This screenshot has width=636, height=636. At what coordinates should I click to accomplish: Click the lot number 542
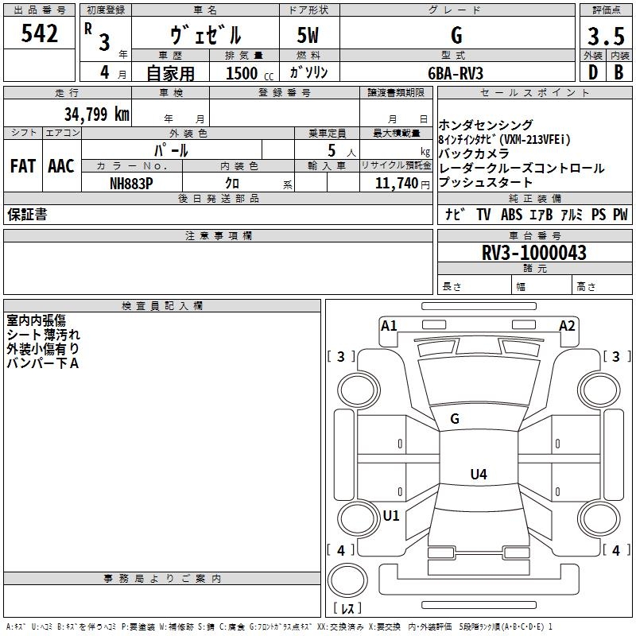click(41, 33)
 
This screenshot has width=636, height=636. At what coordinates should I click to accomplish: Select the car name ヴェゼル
click(205, 35)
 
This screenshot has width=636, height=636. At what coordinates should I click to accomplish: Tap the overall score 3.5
click(604, 37)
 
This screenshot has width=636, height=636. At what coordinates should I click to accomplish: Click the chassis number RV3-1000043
click(534, 254)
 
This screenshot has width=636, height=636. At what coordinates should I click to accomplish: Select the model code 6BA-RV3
click(456, 73)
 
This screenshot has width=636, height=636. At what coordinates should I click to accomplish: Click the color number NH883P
click(131, 183)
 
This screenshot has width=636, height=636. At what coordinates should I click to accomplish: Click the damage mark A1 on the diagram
click(389, 325)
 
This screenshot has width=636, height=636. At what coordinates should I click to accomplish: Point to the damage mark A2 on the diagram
click(567, 325)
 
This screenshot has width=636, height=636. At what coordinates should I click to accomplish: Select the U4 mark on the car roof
click(478, 475)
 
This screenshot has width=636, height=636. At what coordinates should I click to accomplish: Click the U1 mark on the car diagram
click(391, 515)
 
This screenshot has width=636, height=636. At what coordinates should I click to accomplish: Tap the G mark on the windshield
click(455, 419)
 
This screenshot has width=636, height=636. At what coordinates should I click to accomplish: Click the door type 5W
click(309, 35)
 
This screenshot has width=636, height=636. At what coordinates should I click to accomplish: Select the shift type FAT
click(22, 166)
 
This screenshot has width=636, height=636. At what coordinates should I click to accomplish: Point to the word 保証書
click(27, 215)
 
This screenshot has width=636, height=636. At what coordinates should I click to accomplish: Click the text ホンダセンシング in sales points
click(486, 126)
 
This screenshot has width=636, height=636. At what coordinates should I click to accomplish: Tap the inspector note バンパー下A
click(43, 363)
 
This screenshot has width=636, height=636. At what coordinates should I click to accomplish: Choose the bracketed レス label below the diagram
click(347, 609)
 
